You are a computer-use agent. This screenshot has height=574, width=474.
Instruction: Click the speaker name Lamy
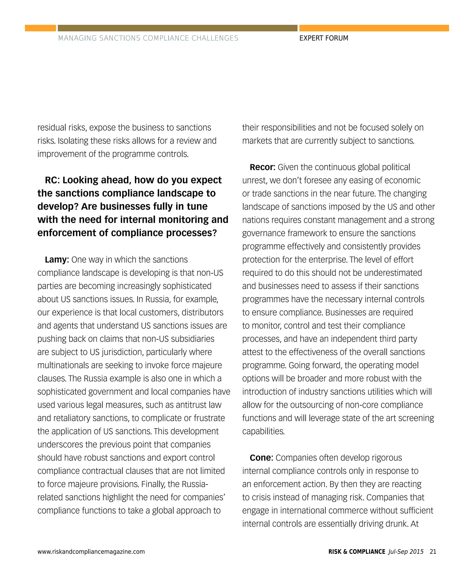pyautogui.click(x=56, y=260)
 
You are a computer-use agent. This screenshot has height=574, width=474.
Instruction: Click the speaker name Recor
pyautogui.click(x=262, y=167)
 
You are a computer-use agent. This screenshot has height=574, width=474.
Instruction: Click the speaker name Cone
pyautogui.click(x=261, y=458)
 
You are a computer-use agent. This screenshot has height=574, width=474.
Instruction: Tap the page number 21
pyautogui.click(x=433, y=552)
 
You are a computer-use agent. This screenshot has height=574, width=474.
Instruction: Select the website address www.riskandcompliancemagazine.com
pyautogui.click(x=91, y=552)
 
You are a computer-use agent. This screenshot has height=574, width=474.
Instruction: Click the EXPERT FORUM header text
pyautogui.click(x=324, y=38)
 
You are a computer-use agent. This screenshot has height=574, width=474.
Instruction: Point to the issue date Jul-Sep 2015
pyautogui.click(x=406, y=552)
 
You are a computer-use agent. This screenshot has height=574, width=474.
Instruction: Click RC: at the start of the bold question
pyautogui.click(x=52, y=180)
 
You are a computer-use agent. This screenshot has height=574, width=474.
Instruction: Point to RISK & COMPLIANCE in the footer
pyautogui.click(x=357, y=552)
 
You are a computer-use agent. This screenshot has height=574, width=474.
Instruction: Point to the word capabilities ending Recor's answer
pyautogui.click(x=263, y=431)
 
